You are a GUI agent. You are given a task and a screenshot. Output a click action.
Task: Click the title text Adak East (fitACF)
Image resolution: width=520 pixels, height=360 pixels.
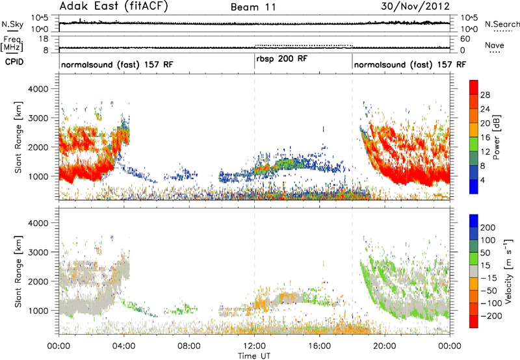click(114, 6)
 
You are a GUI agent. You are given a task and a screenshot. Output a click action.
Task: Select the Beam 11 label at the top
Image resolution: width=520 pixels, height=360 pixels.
click(253, 7)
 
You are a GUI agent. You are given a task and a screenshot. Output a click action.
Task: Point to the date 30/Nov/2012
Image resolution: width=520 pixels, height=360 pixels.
click(415, 6)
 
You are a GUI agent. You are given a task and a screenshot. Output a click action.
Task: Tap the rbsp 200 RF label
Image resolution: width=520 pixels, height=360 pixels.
click(282, 58)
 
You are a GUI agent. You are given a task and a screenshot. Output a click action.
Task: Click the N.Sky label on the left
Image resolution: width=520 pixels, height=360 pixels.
click(12, 24)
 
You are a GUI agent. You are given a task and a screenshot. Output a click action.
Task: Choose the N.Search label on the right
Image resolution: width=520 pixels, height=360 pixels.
click(502, 24)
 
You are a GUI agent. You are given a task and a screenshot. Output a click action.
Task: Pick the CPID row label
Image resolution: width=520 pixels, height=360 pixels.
click(14, 62)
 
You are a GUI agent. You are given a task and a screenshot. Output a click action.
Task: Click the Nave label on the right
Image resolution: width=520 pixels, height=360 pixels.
click(495, 45)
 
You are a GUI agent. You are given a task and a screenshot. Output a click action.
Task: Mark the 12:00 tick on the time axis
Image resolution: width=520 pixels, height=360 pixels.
click(254, 346)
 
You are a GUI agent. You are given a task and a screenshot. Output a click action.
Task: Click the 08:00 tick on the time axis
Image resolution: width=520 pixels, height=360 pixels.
click(189, 346)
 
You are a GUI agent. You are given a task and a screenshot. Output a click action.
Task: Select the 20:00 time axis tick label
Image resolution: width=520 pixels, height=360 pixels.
click(385, 346)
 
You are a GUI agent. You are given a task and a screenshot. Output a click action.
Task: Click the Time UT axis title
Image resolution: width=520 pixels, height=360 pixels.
click(254, 356)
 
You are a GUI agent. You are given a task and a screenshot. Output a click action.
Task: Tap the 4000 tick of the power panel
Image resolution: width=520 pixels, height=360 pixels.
click(38, 89)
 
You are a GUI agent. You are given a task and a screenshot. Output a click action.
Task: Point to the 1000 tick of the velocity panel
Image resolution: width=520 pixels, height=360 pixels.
click(38, 311)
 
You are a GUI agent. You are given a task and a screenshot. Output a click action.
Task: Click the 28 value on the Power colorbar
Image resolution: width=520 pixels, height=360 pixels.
click(485, 95)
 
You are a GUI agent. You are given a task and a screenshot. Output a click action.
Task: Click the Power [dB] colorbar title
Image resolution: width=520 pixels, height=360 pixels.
click(497, 137)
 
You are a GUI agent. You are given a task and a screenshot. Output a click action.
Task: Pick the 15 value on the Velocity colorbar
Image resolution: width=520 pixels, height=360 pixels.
click(485, 266)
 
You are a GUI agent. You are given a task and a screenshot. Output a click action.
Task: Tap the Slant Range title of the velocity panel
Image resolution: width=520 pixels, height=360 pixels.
click(18, 272)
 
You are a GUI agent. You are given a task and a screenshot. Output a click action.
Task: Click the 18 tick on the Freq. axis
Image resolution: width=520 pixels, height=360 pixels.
click(44, 39)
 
